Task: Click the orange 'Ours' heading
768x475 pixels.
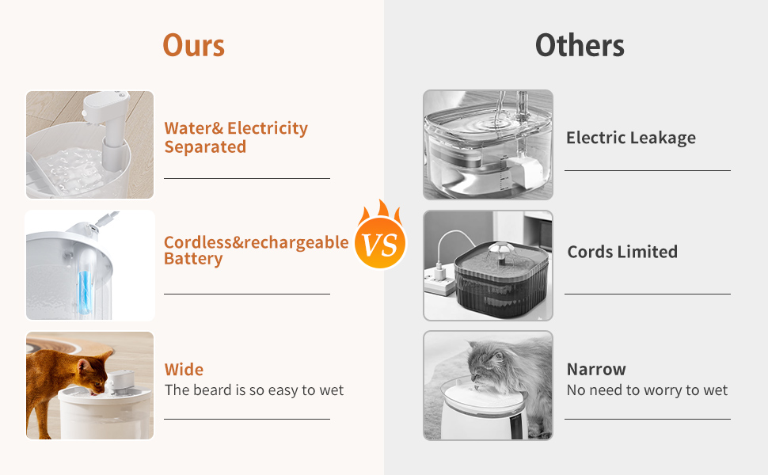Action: pos(193,46)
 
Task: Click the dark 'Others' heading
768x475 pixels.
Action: pos(580,46)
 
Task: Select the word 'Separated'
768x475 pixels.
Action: pos(205,147)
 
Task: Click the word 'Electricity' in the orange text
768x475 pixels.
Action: pos(268,128)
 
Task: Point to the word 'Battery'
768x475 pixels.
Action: pos(193,259)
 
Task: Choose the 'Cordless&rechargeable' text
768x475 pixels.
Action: pos(257,242)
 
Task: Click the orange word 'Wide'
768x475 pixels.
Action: pos(184,369)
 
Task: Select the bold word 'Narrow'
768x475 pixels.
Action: pos(596,369)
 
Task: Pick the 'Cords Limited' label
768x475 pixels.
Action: pos(622,252)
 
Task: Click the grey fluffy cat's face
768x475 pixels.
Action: pos(484,364)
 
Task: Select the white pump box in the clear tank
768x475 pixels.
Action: pos(525,171)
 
